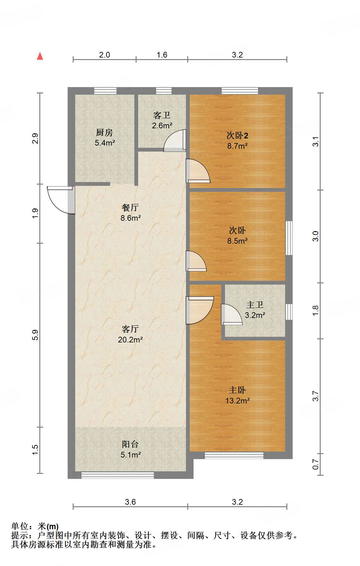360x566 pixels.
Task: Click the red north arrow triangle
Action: tap(40, 56)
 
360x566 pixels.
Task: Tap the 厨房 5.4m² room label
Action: tap(104, 137)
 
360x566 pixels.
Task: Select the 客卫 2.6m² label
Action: tap(162, 120)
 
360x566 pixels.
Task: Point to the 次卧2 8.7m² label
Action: tap(237, 141)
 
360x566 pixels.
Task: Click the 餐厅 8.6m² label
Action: tap(130, 213)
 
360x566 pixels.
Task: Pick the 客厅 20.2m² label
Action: tap(130, 334)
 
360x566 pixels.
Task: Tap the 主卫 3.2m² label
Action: tap(255, 310)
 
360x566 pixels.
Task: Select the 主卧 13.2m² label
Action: tap(237, 395)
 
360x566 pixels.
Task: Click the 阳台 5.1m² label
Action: tap(130, 449)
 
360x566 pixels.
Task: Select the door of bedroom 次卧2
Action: tap(198, 171)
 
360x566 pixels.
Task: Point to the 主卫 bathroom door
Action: tap(231, 314)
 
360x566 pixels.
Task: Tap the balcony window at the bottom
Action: tap(118, 475)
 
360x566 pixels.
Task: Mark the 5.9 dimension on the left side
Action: tap(35, 335)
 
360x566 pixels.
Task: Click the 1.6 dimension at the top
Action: tap(162, 55)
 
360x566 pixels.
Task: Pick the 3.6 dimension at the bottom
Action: tap(130, 502)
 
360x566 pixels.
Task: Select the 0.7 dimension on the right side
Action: tap(316, 464)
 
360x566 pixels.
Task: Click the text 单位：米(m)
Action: tap(35, 526)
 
